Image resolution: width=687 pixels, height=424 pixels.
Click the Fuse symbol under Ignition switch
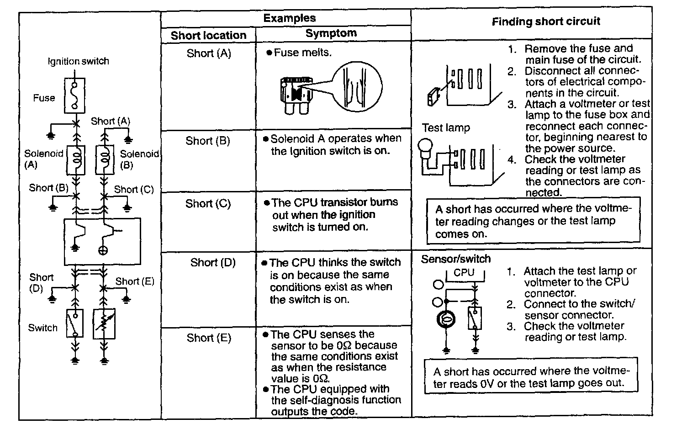(x=74, y=95)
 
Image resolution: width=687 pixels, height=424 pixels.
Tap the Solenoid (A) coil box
(x=76, y=160)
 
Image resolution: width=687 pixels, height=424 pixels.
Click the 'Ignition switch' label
(x=79, y=61)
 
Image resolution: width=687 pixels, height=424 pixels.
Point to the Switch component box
(x=74, y=323)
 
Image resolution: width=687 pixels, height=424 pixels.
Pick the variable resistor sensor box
(x=104, y=323)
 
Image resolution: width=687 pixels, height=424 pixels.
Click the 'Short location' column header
(x=208, y=35)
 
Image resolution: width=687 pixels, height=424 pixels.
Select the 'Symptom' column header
(x=331, y=33)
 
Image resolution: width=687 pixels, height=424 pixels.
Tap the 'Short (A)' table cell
(x=209, y=53)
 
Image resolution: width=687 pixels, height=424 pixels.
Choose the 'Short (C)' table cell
(x=208, y=203)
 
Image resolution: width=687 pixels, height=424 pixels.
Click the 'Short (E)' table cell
(x=209, y=338)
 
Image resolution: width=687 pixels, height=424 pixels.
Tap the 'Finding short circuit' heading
(x=546, y=21)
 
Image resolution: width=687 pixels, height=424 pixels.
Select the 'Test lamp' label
(x=445, y=128)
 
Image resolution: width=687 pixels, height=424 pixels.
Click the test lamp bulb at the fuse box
(x=428, y=149)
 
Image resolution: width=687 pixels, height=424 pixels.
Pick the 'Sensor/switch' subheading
(x=455, y=259)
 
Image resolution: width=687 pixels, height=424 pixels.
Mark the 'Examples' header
(x=290, y=18)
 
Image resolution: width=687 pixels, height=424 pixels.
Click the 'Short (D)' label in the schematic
(x=42, y=283)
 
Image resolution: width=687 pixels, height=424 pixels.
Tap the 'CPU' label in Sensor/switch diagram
(x=464, y=273)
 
